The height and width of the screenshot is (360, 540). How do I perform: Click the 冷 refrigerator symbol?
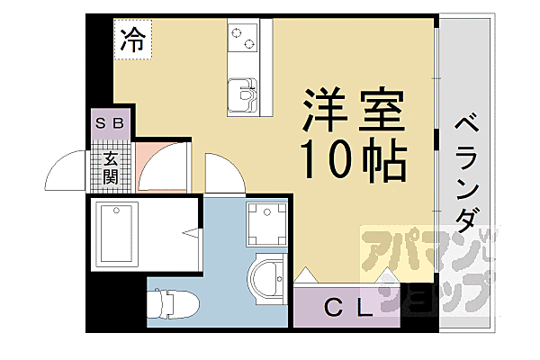click(x=132, y=39)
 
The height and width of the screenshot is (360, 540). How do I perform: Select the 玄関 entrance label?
click(x=111, y=168)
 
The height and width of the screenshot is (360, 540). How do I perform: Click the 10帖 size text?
click(x=353, y=161)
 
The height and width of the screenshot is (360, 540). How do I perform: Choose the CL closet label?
click(x=346, y=309)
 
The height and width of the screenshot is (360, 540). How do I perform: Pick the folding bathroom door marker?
click(x=192, y=236)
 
